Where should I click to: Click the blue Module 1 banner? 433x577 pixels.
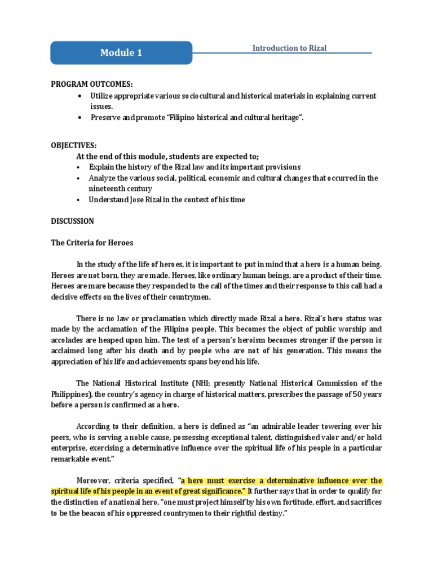[121, 53]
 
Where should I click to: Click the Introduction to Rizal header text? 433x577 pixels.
[289, 48]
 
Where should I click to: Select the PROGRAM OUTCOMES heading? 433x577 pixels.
[92, 85]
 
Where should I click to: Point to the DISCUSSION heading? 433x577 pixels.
[73, 221]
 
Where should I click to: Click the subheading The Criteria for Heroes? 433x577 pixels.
[92, 242]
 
